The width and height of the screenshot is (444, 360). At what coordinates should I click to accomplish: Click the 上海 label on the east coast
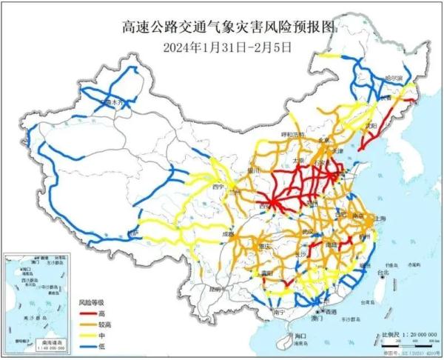[382, 219]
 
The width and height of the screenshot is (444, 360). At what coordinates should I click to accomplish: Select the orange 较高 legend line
[86, 324]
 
